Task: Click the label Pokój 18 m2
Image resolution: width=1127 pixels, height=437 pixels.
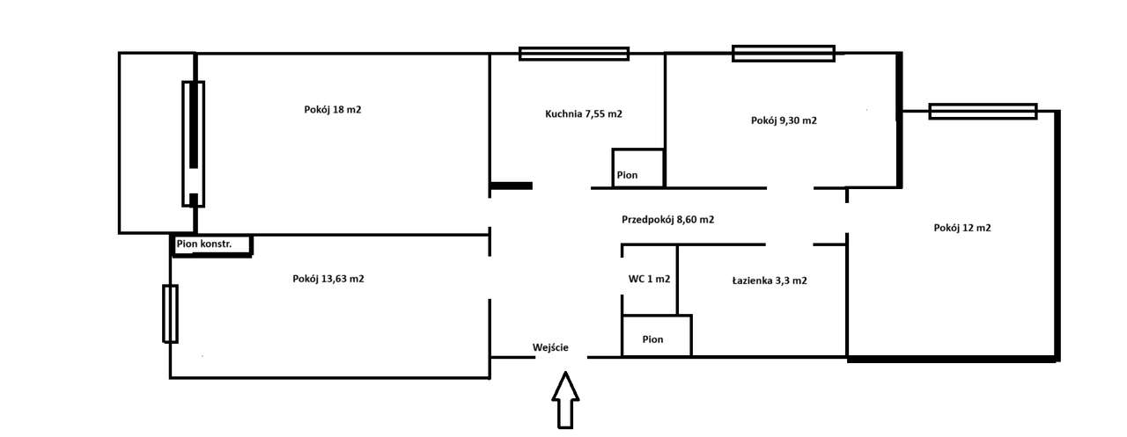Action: (332, 110)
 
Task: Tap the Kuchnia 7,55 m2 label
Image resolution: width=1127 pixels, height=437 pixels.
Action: (584, 113)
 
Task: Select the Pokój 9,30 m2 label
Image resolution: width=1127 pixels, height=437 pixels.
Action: (784, 120)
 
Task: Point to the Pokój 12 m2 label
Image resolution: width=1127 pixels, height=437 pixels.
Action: (962, 228)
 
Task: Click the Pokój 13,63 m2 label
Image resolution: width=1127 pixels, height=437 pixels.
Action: (328, 279)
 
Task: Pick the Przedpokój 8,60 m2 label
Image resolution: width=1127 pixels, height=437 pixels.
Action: (667, 220)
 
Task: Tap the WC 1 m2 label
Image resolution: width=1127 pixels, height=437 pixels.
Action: (649, 280)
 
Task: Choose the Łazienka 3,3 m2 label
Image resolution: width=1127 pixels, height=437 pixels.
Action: (770, 280)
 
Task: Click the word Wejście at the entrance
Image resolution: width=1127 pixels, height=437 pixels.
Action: (550, 347)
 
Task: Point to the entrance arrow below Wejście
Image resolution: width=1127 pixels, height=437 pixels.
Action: (565, 400)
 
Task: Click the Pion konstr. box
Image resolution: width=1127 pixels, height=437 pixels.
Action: (211, 245)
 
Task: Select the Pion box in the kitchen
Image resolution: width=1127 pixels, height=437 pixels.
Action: (637, 168)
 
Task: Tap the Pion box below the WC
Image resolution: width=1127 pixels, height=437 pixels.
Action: (656, 336)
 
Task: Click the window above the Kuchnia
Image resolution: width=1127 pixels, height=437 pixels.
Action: (574, 54)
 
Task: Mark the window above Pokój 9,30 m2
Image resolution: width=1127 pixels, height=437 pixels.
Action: (783, 54)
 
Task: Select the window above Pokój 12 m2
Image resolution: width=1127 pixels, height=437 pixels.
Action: (983, 112)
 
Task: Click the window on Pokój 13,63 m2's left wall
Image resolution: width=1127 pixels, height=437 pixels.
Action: (170, 313)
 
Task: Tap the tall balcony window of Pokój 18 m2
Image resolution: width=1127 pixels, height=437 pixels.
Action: (193, 143)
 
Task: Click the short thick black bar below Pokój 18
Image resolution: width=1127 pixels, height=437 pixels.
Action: (512, 186)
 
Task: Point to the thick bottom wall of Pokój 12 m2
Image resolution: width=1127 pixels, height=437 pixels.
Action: (952, 358)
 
